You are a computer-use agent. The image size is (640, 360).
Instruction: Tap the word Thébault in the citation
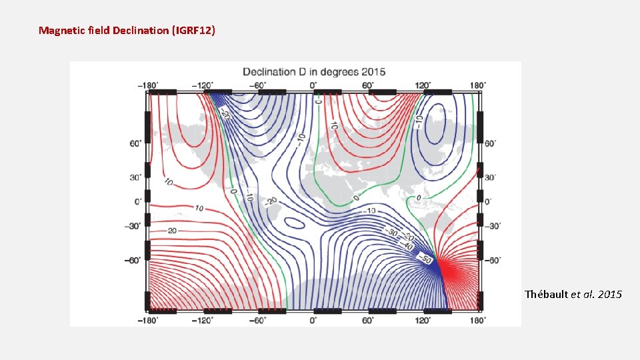click(x=546, y=294)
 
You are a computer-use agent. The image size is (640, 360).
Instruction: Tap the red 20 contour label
click(x=171, y=231)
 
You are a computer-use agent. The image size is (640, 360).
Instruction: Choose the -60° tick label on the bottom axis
click(x=259, y=320)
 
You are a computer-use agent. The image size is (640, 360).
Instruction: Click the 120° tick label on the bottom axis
click(x=423, y=320)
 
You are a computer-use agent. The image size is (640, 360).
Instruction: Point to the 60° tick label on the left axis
click(x=135, y=143)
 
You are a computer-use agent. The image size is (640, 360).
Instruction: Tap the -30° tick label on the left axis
click(x=133, y=226)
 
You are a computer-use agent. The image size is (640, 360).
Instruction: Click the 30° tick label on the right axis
click(x=491, y=177)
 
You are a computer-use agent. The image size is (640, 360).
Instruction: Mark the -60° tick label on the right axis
click(x=493, y=260)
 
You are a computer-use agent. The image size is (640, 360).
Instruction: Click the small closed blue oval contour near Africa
click(x=295, y=223)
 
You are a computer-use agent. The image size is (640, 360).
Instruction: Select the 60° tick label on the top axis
click(x=368, y=85)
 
